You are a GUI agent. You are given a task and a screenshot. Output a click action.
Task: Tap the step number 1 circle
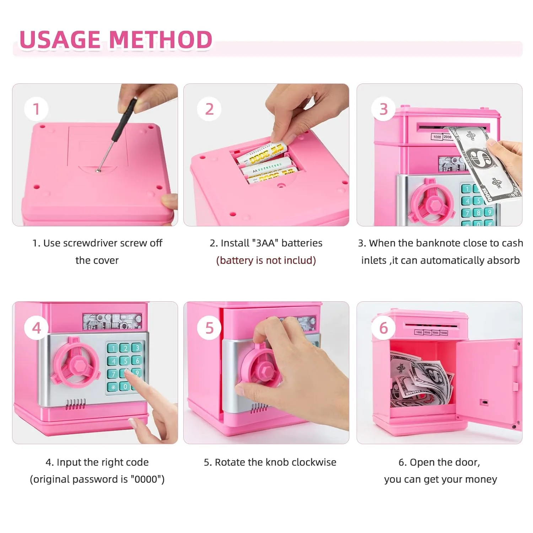(x=36, y=109)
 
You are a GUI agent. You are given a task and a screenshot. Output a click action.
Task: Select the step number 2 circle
(x=209, y=109)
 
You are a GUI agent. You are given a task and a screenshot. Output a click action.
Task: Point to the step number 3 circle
(x=383, y=109)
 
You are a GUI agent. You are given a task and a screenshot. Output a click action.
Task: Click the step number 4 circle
(x=36, y=328)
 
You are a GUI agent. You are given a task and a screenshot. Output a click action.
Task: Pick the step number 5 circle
(x=209, y=328)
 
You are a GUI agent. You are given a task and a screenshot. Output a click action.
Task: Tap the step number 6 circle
(x=383, y=328)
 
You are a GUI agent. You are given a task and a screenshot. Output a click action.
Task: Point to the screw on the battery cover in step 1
(x=98, y=171)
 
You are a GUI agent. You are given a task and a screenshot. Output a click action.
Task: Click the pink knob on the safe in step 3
(x=431, y=203)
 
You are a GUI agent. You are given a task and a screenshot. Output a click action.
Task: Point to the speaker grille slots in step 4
(x=75, y=404)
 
